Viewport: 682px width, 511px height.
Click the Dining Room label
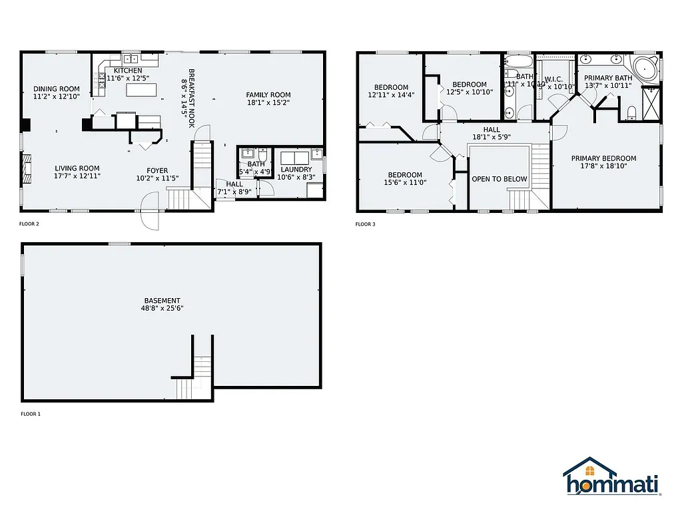coord(57,89)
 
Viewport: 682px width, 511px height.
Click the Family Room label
coord(268,94)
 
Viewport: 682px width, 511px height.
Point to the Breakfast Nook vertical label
coord(188,92)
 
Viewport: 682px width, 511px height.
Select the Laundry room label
coord(296,169)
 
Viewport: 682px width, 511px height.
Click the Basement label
coord(161,300)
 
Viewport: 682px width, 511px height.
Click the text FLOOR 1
coord(31,414)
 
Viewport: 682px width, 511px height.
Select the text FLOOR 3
coord(366,224)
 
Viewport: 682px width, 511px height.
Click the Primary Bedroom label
coord(603,158)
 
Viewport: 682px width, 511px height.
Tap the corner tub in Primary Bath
coord(644,69)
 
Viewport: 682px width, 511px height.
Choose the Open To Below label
coord(499,179)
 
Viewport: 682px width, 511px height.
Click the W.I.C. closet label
coord(553,79)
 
